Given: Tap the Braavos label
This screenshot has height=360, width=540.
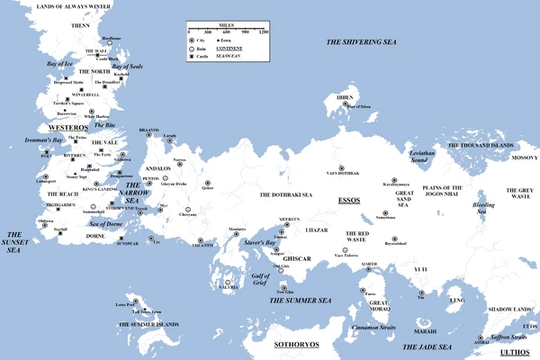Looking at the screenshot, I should click(x=149, y=130).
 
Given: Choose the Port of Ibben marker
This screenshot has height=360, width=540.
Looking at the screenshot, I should click(x=346, y=104).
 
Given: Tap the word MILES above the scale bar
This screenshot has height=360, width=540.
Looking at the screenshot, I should click(x=228, y=25).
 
